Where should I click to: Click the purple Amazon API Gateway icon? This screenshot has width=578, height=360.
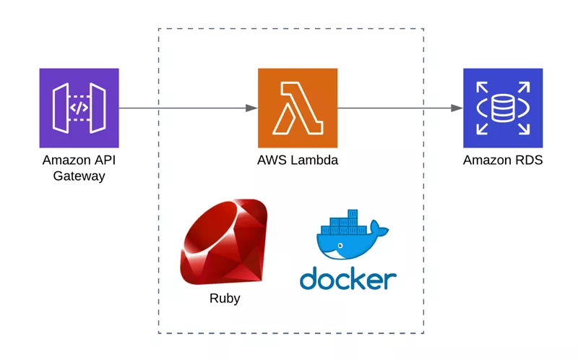point(79,108)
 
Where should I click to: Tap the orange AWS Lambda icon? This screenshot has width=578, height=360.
point(297,108)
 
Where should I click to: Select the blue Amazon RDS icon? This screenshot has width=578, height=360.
point(502,108)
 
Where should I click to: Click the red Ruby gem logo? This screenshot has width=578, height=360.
point(224,243)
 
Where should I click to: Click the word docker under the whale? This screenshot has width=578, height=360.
point(348,279)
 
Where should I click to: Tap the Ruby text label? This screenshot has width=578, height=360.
point(224,299)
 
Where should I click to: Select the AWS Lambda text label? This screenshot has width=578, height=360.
point(297,160)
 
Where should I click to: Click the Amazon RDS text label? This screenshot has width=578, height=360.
point(502,160)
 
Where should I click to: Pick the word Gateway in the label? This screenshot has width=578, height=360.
point(79,176)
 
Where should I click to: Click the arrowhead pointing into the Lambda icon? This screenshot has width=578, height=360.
point(251,108)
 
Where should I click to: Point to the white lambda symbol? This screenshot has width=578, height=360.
point(297,108)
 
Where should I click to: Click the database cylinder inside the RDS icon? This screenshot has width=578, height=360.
point(502,108)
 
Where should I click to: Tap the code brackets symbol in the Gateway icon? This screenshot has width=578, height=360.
point(79,108)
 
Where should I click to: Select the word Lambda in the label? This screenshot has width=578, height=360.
point(315,160)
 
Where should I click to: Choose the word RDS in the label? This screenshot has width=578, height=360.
point(529,160)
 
